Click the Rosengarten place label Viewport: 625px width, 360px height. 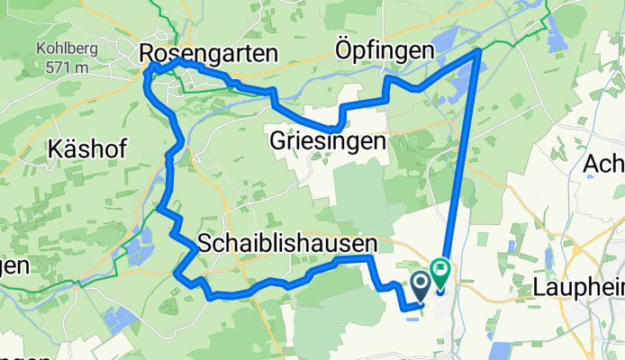tap(209, 55)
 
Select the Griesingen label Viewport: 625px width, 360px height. tap(327, 141)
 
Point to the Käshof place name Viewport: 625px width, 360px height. tap(88, 148)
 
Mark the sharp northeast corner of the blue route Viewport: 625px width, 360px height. tap(478, 51)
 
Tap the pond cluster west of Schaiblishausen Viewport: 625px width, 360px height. tap(139, 244)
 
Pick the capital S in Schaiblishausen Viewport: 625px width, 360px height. tap(204, 244)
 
